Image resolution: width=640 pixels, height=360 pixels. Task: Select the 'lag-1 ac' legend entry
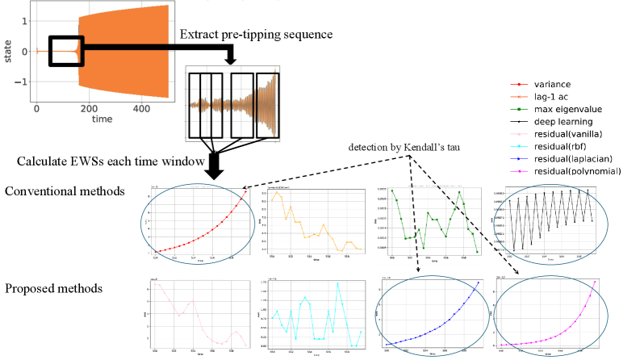[x=551, y=97]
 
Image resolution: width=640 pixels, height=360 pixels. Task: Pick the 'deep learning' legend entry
[x=560, y=122]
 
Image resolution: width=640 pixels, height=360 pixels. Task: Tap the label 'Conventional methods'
[x=64, y=192]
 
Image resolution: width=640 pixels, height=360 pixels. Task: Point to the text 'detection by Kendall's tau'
[x=412, y=149]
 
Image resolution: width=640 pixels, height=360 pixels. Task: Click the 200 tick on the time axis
[x=88, y=108]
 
